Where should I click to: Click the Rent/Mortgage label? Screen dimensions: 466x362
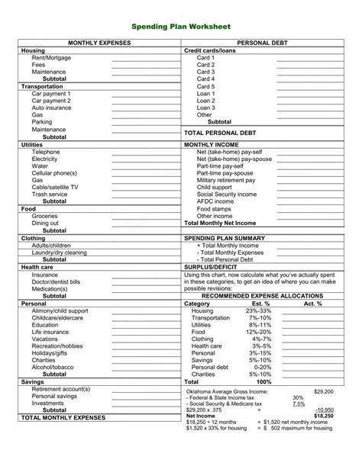click(x=50, y=58)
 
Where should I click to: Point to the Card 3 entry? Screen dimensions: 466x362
click(x=205, y=72)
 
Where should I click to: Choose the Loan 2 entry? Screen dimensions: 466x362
click(x=206, y=101)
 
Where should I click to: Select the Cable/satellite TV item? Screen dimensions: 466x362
click(x=55, y=187)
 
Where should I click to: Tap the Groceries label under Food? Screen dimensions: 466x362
click(x=44, y=216)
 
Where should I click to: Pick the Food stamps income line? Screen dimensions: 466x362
click(x=213, y=208)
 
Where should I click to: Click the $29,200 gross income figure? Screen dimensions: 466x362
click(x=323, y=390)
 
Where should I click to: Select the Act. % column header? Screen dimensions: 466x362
click(x=313, y=303)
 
